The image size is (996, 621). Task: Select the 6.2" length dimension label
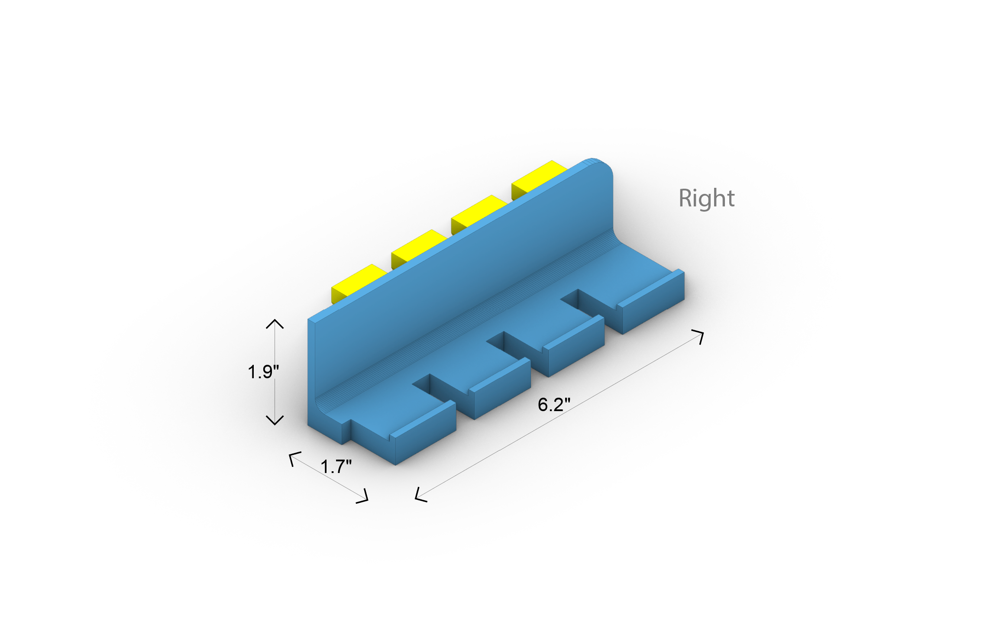pyautogui.click(x=554, y=405)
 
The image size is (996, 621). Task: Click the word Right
pyautogui.click(x=706, y=199)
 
